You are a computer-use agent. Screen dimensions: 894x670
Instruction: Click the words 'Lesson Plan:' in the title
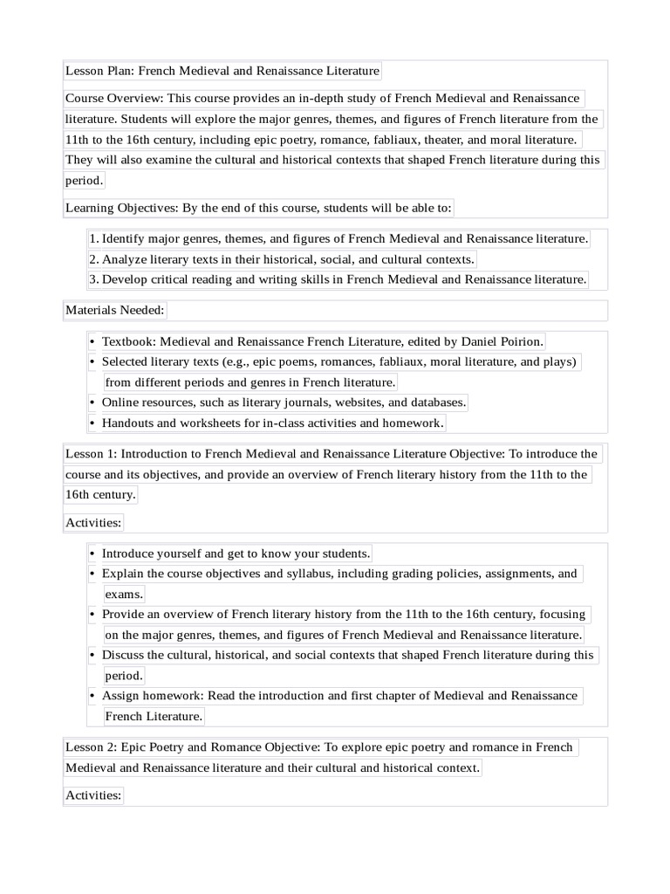pos(100,71)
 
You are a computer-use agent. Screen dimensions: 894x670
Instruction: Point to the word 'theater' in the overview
pos(475,140)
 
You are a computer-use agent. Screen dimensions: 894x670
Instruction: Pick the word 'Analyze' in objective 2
pos(124,259)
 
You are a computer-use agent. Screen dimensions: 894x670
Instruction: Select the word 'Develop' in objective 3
pos(125,279)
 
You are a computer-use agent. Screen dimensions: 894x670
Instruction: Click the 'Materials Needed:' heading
pos(114,310)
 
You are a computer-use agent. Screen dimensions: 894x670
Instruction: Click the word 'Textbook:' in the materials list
pos(129,341)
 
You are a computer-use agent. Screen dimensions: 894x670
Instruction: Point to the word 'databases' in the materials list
pos(437,402)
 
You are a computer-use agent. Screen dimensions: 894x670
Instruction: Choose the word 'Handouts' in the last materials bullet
pos(127,423)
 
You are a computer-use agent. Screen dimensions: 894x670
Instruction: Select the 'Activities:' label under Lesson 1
pos(93,523)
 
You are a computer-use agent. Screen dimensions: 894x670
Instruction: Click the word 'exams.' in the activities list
pos(124,595)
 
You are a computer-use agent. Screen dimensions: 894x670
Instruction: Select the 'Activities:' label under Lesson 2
pos(93,795)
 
